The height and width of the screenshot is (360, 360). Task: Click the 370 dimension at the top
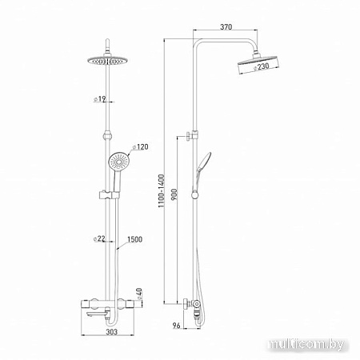226,27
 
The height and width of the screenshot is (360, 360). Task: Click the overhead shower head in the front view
104,62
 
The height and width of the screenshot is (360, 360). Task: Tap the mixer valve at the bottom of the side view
192,306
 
